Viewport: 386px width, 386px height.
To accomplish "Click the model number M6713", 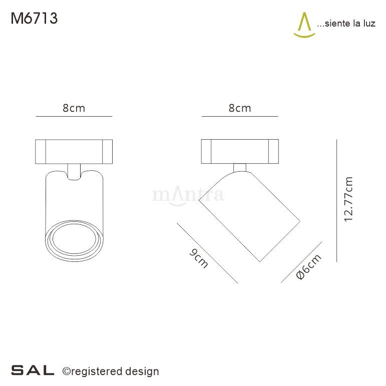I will pos(34,19).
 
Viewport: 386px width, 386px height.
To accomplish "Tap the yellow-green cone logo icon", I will pos(303,26).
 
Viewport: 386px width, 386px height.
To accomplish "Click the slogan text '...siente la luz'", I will pos(346,24).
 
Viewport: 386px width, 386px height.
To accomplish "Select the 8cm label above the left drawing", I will pos(74,108).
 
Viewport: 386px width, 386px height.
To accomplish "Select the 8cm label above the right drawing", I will pos(239,108).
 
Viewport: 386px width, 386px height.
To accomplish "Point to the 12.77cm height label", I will pos(349,199).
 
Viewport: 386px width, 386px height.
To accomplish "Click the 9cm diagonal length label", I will pos(199,258).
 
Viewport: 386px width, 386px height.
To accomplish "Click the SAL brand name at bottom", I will pos(33,371).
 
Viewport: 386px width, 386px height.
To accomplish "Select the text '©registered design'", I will pos(110,371).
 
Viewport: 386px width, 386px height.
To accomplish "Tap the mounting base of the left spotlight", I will pos(74,151).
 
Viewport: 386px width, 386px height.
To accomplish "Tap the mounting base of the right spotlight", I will pos(239,151).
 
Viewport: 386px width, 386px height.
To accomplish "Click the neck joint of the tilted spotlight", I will pos(239,167).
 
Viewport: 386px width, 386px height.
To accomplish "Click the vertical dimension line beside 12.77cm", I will pos(337,200).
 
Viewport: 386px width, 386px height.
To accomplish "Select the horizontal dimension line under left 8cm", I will pos(74,117).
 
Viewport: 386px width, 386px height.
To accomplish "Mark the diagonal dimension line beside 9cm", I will pos(207,253).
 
